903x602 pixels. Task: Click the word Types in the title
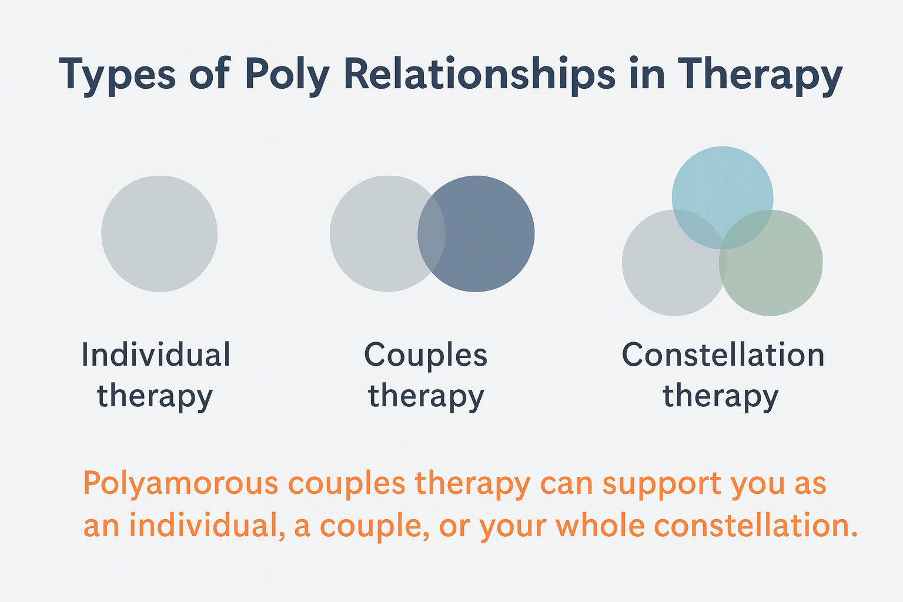tap(118, 75)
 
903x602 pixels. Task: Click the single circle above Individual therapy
tap(159, 233)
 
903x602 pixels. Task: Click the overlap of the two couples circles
tap(432, 233)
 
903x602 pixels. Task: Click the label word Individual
tap(156, 355)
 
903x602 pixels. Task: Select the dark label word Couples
tap(426, 355)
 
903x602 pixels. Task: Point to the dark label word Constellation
tap(723, 355)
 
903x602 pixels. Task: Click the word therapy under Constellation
tap(721, 396)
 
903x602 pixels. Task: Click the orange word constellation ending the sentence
tap(752, 526)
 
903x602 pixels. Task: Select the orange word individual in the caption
tap(203, 526)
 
